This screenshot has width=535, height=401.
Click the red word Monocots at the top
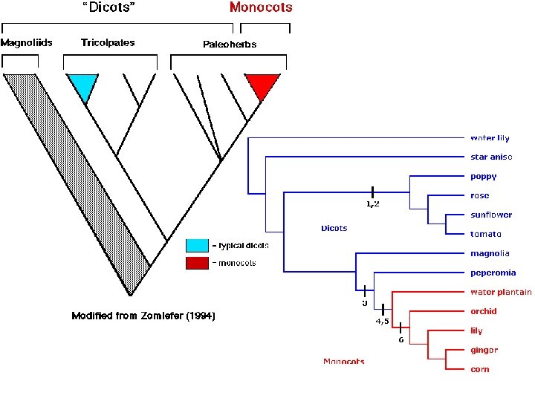click(261, 8)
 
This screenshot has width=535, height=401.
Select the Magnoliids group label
click(26, 42)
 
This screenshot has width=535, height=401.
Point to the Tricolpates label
click(108, 42)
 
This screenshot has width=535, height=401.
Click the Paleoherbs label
click(230, 45)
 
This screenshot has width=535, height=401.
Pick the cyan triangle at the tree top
click(82, 85)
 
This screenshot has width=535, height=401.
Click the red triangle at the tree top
click(262, 85)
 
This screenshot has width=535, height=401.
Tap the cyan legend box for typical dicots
click(197, 245)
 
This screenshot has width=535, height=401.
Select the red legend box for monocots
click(197, 263)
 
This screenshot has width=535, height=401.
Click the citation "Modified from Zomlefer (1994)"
click(143, 316)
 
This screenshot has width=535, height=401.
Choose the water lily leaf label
click(490, 138)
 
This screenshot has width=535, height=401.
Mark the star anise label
click(491, 157)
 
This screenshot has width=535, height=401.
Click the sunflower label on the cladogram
click(490, 215)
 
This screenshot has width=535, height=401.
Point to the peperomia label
click(493, 273)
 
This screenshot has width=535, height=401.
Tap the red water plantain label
click(501, 292)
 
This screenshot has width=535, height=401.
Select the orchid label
click(483, 311)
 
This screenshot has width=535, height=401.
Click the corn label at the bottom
click(479, 369)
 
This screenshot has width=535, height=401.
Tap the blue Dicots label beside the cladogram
click(334, 228)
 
